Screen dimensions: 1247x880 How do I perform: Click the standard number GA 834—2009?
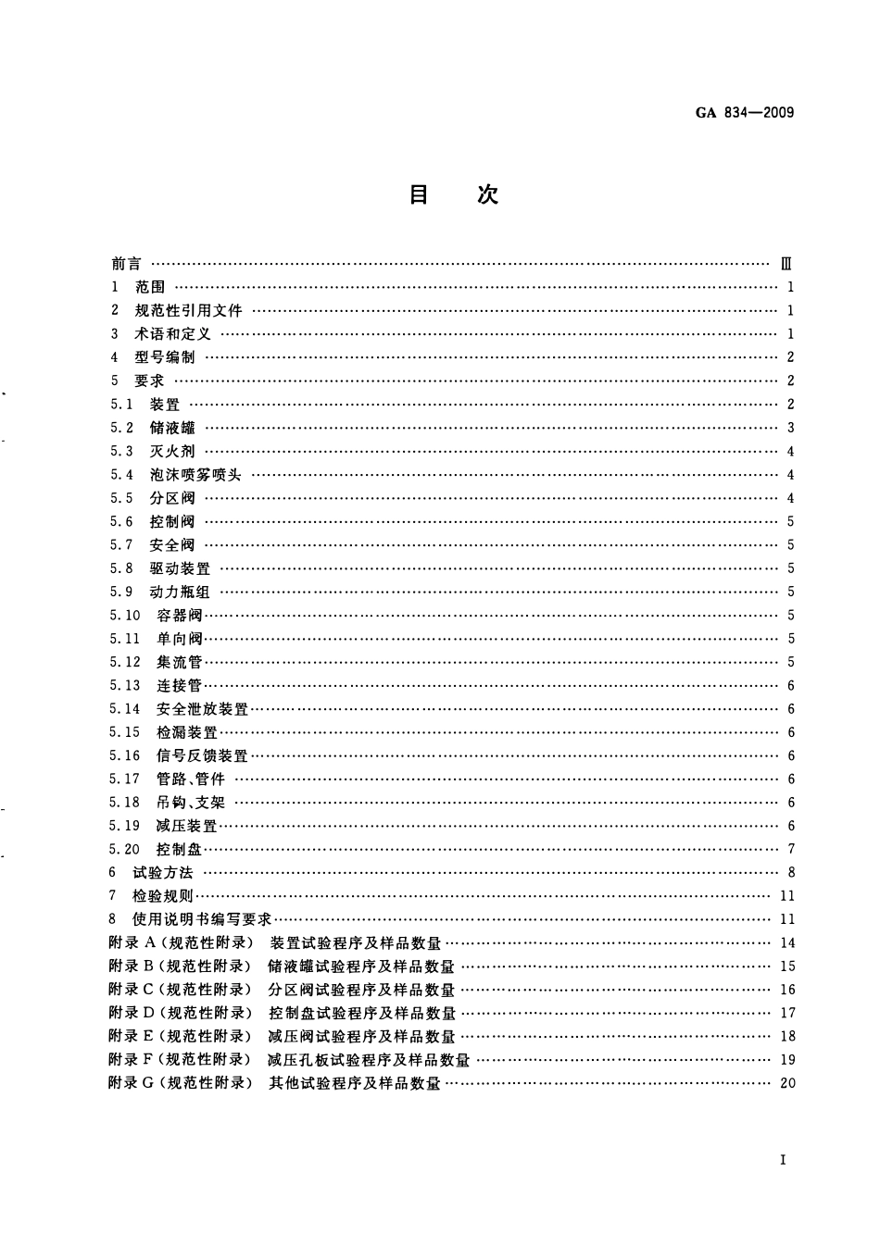pos(744,114)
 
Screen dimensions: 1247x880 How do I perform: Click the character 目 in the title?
pos(419,194)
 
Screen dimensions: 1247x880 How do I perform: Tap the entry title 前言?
pos(126,264)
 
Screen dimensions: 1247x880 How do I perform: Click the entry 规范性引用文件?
pos(188,311)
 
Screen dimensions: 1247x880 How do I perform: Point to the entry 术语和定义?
pos(172,334)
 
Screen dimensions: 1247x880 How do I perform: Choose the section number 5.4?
pos(121,475)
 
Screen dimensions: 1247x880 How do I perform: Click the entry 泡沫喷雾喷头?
pos(195,475)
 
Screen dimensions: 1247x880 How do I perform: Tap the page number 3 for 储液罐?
pos(790,428)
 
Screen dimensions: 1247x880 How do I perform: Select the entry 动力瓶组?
pos(180,592)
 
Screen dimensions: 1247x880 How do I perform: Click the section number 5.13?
pos(124,686)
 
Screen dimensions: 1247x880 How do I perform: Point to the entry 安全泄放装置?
pos(203,709)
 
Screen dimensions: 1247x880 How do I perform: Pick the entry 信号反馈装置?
pos(203,756)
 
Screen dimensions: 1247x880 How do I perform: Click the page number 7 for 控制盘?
pos(790,850)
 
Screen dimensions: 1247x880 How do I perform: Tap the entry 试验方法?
pos(164,873)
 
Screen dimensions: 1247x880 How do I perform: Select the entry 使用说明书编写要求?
pos(203,919)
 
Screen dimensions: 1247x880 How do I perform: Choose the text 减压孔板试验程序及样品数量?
pos(369,1060)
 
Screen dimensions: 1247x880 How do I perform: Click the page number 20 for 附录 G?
pos(787,1083)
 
